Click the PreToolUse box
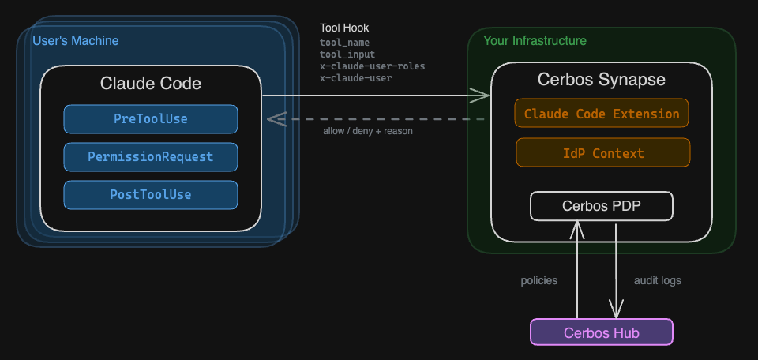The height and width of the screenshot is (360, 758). pos(150,119)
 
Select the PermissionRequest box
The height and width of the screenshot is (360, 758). pos(150,157)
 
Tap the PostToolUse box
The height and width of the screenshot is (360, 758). pos(150,195)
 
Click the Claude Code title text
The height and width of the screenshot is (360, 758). pos(150,83)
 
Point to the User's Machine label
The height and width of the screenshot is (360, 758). pos(75,40)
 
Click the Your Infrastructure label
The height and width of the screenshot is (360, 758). pos(535,40)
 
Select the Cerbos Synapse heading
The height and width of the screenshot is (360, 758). pos(601,80)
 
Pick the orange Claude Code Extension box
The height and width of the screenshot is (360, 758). pos(601,114)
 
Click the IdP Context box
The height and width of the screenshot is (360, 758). pos(602,153)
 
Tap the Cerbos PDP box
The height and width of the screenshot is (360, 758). pos(601,206)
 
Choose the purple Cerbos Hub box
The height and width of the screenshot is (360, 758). pos(601,332)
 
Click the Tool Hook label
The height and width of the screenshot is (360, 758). pos(343,28)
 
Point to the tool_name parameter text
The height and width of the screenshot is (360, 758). pos(344,43)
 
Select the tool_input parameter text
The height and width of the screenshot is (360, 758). pos(347,54)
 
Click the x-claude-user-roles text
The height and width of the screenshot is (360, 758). pos(372,66)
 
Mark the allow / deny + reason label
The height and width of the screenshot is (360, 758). pos(367,131)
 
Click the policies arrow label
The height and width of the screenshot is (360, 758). pos(538,280)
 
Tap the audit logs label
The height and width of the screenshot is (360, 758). pos(657,280)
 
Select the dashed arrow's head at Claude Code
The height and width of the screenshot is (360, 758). pos(273,119)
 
